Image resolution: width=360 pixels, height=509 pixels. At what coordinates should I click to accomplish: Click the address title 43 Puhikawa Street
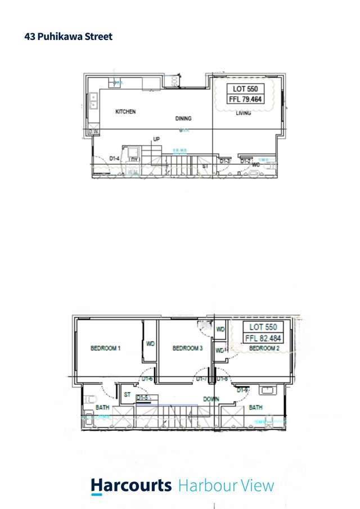pos(69,37)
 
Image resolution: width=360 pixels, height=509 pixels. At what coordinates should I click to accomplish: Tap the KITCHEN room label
pos(125,112)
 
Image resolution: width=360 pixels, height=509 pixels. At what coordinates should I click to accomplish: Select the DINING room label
pos(183,119)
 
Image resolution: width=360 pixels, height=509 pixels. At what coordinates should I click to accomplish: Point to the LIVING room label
pos(244,113)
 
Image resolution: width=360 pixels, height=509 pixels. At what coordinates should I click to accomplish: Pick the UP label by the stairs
pos(156,139)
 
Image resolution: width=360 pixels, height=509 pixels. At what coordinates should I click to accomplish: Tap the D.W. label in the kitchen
pos(93,132)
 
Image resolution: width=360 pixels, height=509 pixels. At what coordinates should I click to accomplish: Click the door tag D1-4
pos(115,159)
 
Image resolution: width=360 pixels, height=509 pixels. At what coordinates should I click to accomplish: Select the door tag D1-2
pos(245,161)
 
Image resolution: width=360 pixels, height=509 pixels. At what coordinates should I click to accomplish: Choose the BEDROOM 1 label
pos(106,349)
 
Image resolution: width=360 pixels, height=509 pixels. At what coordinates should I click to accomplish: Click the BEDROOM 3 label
pos(187,349)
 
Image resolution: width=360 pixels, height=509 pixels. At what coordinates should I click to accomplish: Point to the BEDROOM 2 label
pos(264,349)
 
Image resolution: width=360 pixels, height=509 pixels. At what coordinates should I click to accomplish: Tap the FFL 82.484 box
pos(263,339)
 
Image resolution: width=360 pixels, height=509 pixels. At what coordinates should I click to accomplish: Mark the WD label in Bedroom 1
pos(151,343)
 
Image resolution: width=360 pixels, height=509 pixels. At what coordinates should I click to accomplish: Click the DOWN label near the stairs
pos(211,399)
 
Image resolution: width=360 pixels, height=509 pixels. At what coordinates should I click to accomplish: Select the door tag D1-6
pos(147,380)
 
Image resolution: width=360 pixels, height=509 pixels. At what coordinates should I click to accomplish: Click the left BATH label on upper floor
pos(102,407)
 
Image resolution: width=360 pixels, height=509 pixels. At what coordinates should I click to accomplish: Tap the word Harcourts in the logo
pos(131,485)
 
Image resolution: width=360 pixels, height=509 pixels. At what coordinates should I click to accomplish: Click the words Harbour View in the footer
pos(226,485)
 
